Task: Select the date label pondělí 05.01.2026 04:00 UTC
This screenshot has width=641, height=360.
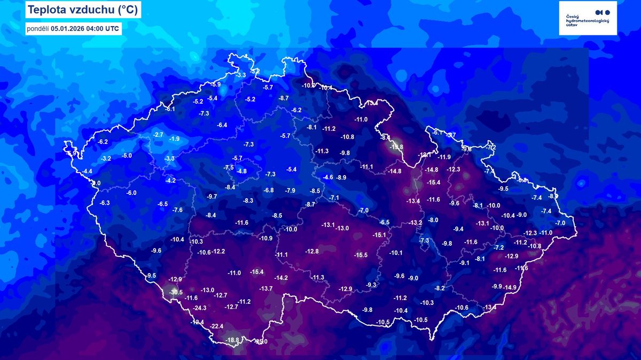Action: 74,28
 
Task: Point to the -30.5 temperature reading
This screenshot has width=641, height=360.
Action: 176,292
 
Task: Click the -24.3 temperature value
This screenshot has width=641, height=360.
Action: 200,308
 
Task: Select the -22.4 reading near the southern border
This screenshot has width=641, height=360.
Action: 217,326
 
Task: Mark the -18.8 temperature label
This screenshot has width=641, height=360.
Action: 232,340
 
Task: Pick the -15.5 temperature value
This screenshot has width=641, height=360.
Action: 361,255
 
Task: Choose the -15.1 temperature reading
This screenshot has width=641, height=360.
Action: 379,235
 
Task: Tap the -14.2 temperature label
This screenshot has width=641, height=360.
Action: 281,278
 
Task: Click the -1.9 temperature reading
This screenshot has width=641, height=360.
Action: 175,139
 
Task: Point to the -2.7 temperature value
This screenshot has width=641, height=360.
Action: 158,135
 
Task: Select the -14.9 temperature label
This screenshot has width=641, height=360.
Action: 510,287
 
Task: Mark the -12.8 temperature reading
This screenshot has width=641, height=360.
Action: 312,251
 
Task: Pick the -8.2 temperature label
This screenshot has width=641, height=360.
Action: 440,288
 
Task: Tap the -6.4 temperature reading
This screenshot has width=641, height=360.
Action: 222,125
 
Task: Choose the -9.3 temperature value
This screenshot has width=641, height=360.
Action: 371,285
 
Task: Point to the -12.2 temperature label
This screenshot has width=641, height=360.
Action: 218,252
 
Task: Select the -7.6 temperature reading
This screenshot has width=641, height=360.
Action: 177,210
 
